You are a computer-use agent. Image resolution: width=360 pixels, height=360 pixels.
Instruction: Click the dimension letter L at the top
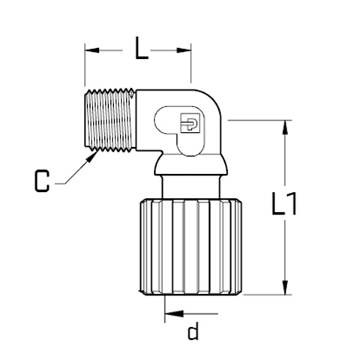point(141,48)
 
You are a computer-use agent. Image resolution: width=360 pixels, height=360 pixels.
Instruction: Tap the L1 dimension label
point(284,203)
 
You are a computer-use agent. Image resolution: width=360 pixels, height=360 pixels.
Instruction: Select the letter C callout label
point(42,181)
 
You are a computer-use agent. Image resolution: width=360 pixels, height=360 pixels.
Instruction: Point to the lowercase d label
point(193,331)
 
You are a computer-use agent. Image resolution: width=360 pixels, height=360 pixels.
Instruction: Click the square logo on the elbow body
point(190,123)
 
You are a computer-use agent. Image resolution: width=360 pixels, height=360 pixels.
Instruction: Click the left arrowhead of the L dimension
point(92,50)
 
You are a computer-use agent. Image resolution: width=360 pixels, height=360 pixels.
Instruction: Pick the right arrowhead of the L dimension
point(184,50)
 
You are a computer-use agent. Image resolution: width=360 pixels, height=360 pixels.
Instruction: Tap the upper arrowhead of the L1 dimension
point(285,127)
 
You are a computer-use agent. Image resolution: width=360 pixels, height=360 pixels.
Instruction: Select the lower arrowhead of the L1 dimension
point(285,287)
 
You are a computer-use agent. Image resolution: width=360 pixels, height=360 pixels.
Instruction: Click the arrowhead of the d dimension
point(174,313)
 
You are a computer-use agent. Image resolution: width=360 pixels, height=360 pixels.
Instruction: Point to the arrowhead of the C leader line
point(92,156)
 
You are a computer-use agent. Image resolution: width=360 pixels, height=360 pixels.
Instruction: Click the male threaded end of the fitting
point(110,120)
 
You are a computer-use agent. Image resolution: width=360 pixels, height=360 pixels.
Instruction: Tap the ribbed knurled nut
point(190,247)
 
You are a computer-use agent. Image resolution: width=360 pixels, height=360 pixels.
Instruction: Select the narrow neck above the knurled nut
point(191,187)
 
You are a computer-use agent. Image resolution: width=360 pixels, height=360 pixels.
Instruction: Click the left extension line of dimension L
point(85,64)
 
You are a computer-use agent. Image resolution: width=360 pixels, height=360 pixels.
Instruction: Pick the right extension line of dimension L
point(191,63)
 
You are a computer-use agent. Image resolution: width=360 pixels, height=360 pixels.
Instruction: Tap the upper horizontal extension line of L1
point(259,120)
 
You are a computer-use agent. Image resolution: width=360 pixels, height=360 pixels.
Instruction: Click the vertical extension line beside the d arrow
point(164,309)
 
